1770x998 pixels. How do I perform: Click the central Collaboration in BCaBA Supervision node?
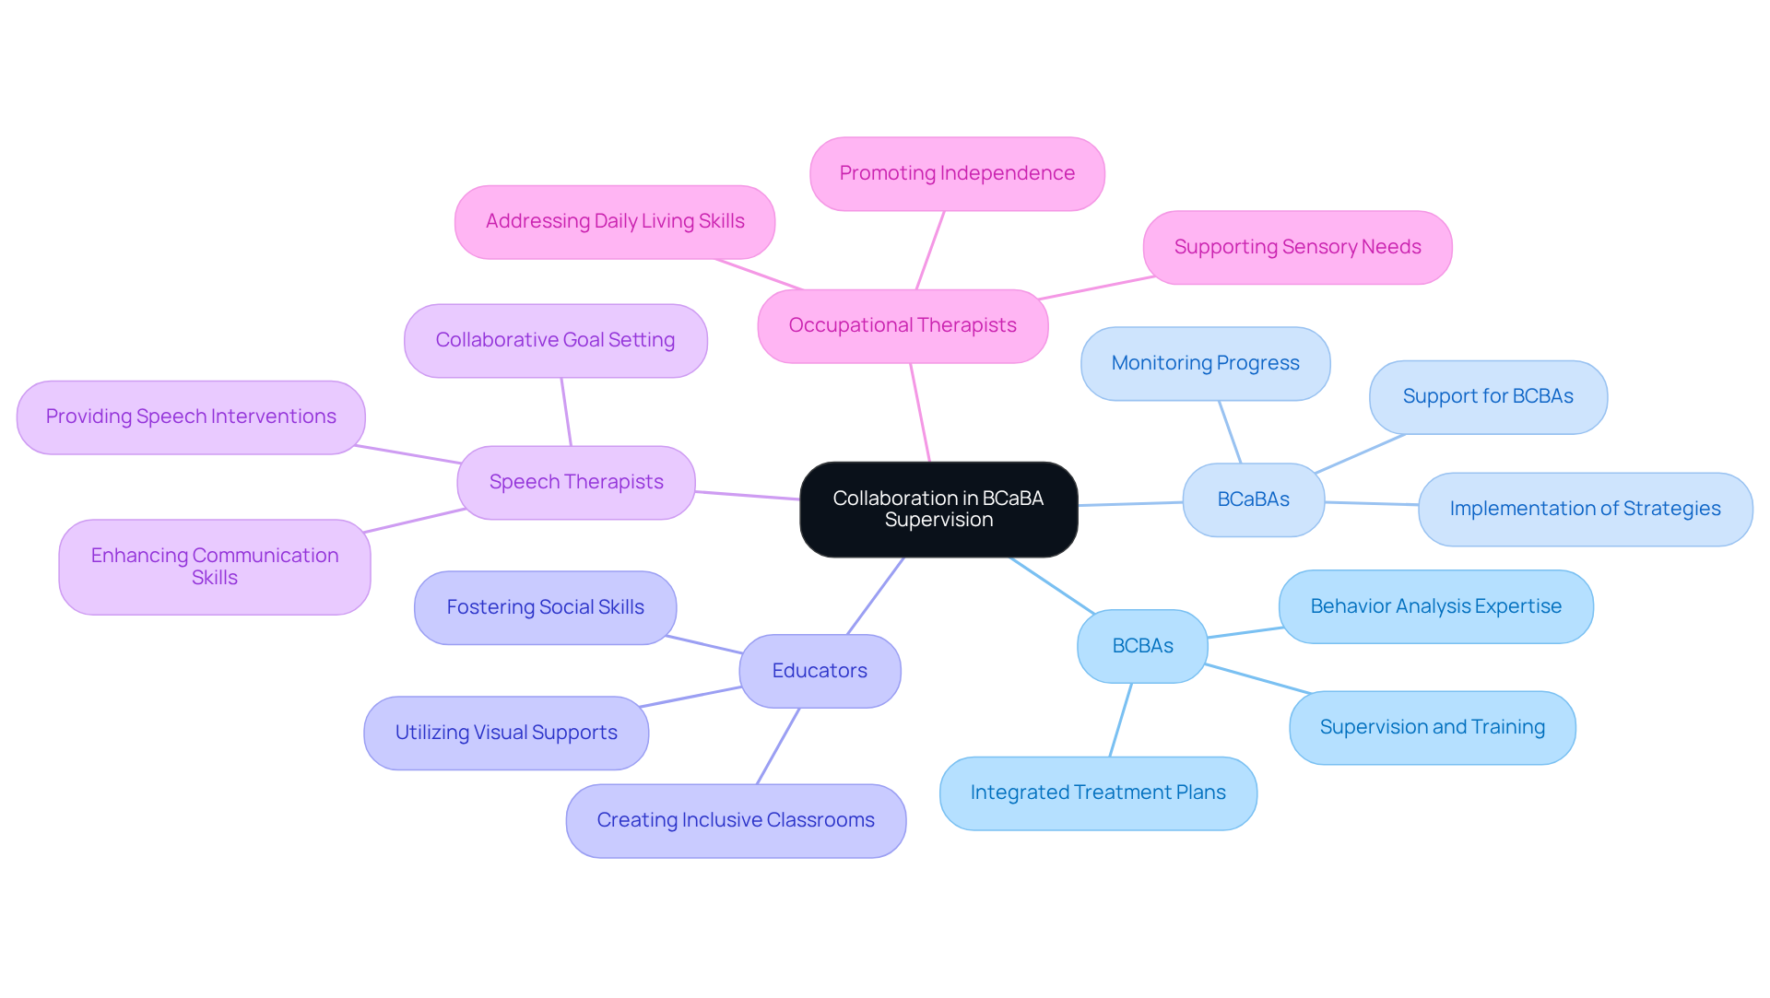coord(938,509)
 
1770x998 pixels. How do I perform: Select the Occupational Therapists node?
coord(902,325)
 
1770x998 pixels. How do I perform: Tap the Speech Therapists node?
coord(575,482)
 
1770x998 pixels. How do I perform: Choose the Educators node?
coord(819,671)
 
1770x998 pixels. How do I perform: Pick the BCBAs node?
coord(1142,646)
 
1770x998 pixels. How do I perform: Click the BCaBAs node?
coord(1253,499)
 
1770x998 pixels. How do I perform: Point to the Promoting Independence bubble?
coord(957,173)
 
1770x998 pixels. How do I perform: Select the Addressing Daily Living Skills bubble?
coord(615,221)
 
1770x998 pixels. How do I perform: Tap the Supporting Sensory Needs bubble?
coord(1297,247)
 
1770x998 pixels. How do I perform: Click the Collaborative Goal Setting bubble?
coord(555,340)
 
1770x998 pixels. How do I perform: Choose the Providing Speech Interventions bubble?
coord(191,417)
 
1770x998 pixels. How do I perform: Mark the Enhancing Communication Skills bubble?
coord(214,567)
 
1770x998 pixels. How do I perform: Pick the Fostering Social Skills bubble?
coord(545,607)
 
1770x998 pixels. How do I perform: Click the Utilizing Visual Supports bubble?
coord(506,733)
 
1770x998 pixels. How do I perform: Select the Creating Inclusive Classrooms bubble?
coord(735,820)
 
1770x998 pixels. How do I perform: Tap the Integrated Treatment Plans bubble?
coord(1097,793)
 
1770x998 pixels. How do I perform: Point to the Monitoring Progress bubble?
coord(1205,363)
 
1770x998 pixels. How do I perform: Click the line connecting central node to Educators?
coord(876,595)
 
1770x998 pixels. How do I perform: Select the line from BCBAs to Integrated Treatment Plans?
coord(1120,720)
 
